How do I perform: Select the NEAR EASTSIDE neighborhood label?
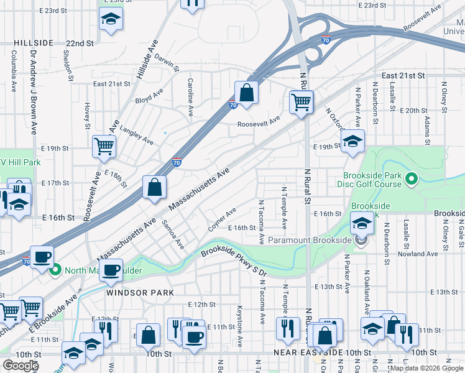point(309,352)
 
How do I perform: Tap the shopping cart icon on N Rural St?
point(302,103)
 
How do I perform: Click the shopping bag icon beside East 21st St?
point(247,93)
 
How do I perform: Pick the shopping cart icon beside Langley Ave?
point(104,147)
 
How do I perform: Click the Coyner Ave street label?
point(222,219)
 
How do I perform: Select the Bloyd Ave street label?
point(149,95)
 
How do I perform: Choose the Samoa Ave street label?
point(173,234)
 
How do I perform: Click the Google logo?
point(21,366)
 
